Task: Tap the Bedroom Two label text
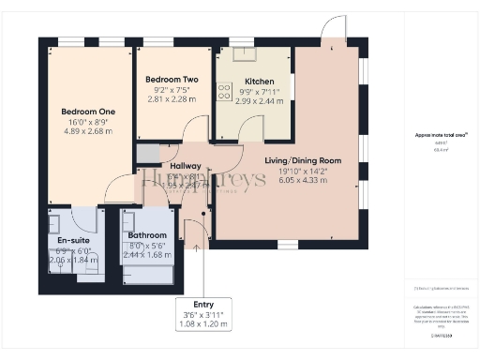(x=171, y=80)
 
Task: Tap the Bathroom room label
(x=148, y=235)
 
